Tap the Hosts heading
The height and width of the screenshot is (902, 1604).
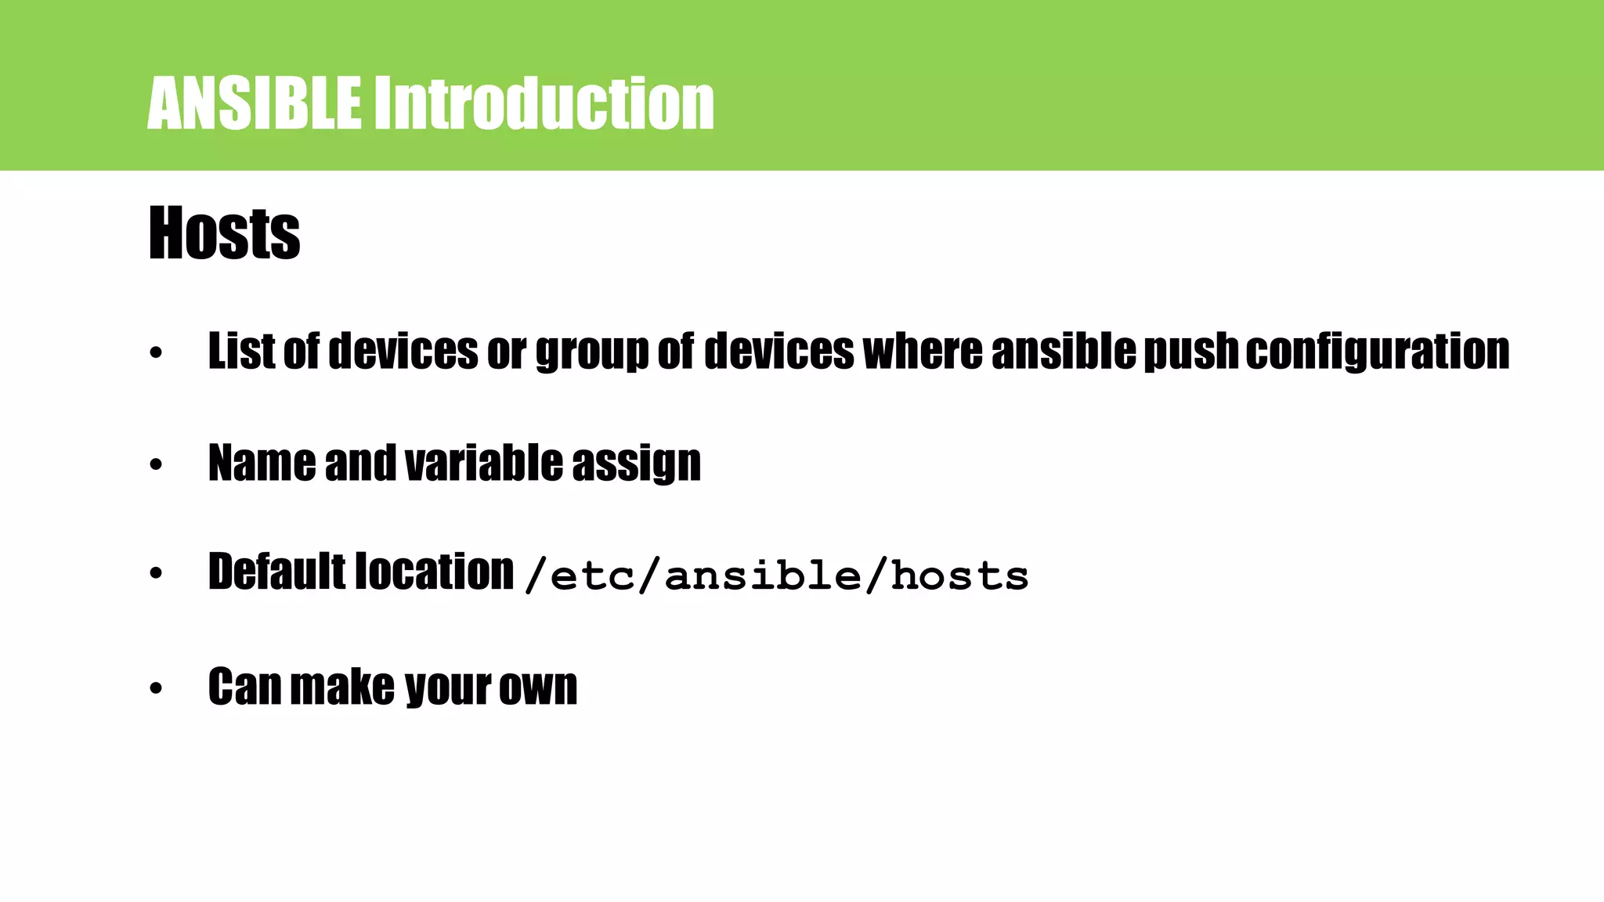click(224, 233)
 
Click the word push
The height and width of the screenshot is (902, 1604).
click(1190, 352)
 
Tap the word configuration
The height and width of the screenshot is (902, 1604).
click(1377, 352)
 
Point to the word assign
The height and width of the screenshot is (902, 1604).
click(636, 464)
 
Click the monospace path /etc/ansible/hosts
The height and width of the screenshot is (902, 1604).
click(775, 576)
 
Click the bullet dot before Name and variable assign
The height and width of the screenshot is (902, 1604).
click(156, 465)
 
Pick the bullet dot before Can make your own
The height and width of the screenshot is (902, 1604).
click(156, 689)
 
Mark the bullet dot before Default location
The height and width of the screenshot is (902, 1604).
click(156, 574)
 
